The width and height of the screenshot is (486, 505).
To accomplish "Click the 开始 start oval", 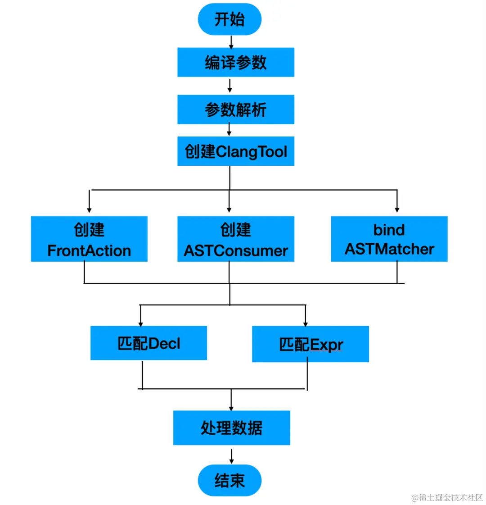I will pyautogui.click(x=229, y=19).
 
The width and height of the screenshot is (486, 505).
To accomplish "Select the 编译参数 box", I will pyautogui.click(x=236, y=62).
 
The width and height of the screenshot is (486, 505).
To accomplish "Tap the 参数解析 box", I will pyautogui.click(x=236, y=109).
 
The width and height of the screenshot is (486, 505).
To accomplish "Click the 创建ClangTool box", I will pyautogui.click(x=236, y=151).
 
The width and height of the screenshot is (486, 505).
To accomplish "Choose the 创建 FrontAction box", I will pyautogui.click(x=89, y=239).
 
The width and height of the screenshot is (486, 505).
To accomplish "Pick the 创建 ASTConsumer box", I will pyautogui.click(x=236, y=239).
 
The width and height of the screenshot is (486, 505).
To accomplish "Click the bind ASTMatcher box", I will pyautogui.click(x=389, y=239).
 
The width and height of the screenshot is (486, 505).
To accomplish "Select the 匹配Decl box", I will pyautogui.click(x=148, y=343).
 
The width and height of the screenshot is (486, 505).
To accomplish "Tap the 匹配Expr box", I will pyautogui.click(x=310, y=344).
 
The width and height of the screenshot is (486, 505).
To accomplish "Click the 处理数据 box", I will pyautogui.click(x=231, y=428).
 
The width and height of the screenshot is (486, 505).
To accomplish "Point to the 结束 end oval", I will pyautogui.click(x=229, y=480).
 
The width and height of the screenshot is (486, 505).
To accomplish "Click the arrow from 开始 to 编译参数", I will pyautogui.click(x=231, y=42).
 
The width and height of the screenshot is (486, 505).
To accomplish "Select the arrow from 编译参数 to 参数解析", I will pyautogui.click(x=230, y=86).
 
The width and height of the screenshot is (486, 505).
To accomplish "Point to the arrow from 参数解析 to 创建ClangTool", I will pyautogui.click(x=229, y=130).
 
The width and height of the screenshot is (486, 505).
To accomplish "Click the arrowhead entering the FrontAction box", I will pyautogui.click(x=89, y=209).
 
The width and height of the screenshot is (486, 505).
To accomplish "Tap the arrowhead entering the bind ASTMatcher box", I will pyautogui.click(x=397, y=209).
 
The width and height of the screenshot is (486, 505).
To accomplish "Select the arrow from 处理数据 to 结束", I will pyautogui.click(x=231, y=456).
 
